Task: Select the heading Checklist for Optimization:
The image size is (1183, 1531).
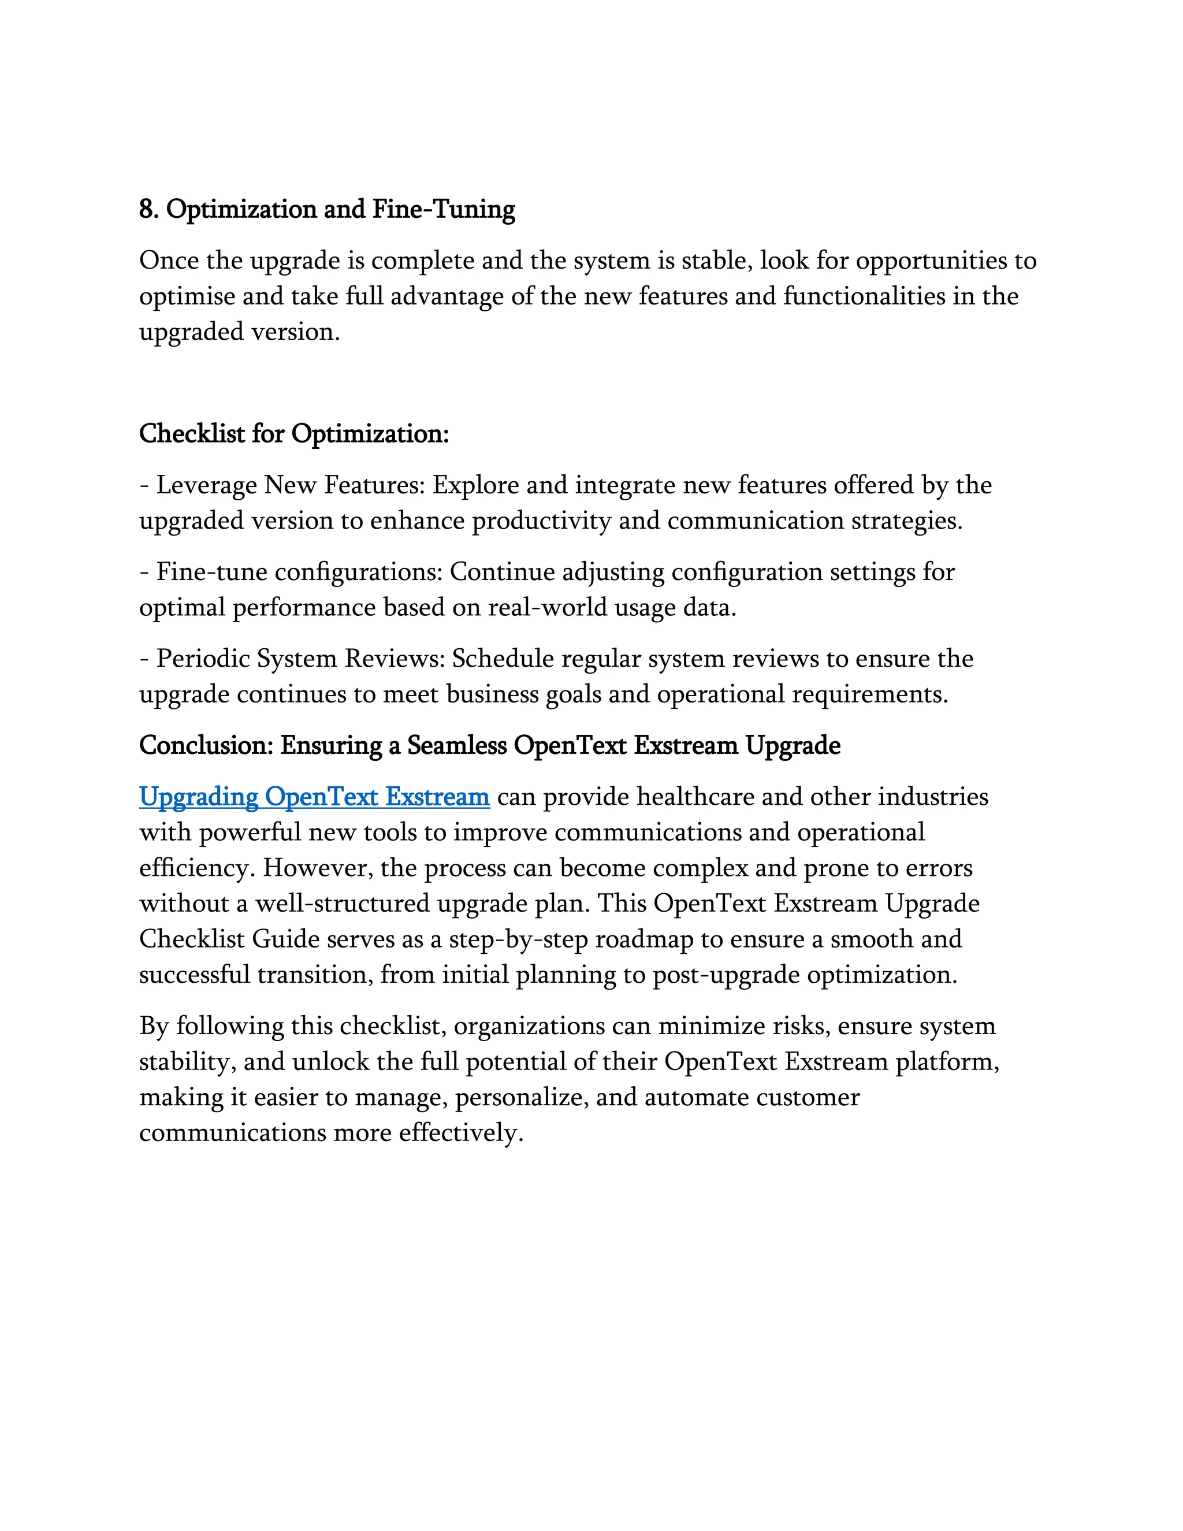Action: (x=293, y=434)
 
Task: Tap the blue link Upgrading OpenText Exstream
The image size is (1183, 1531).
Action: (x=314, y=797)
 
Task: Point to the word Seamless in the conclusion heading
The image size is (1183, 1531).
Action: (x=456, y=745)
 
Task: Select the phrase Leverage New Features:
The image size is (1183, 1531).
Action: (x=289, y=485)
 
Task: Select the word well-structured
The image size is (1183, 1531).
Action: (x=342, y=904)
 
